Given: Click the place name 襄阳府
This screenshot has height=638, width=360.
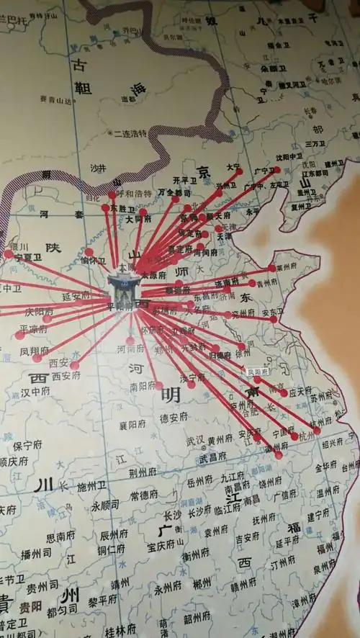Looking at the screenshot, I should (x=133, y=425).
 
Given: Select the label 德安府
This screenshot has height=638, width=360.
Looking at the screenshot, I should (x=174, y=417).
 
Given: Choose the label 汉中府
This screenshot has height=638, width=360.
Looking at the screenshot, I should (x=35, y=392).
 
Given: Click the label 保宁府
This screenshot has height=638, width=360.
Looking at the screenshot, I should (x=28, y=446).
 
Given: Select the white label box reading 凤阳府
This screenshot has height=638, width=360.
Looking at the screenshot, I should (x=257, y=372).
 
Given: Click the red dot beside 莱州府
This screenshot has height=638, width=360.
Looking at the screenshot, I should (x=271, y=268).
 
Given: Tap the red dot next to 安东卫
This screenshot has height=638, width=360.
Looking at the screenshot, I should (x=274, y=319).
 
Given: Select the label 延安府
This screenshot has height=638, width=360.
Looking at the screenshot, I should (x=76, y=295).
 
